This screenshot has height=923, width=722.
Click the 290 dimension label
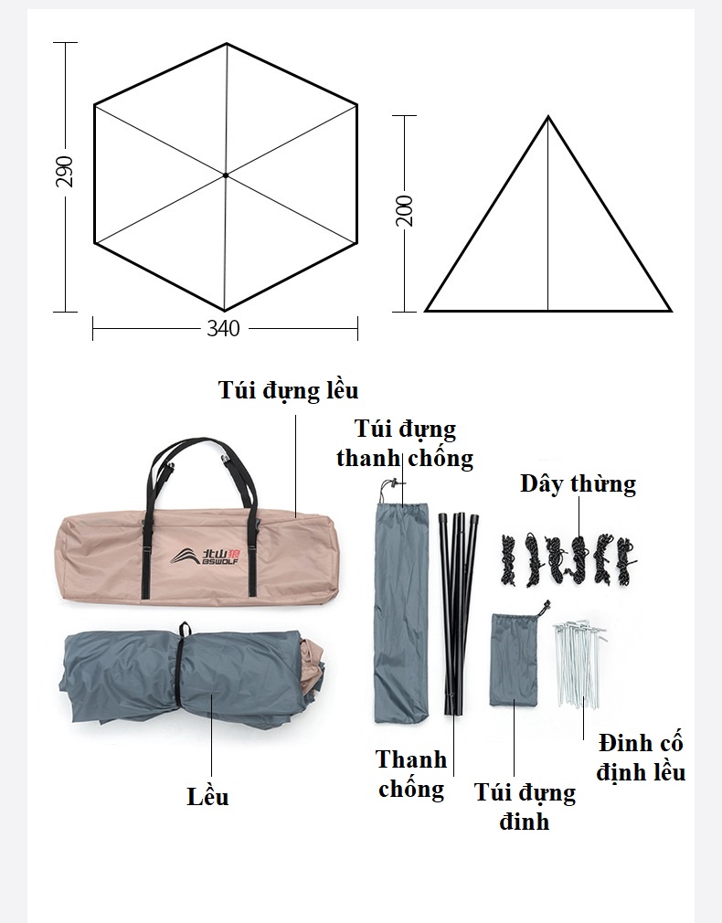tap(64, 172)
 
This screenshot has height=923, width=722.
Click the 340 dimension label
tap(223, 328)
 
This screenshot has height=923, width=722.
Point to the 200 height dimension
tap(405, 210)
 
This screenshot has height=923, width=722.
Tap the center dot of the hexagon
tap(226, 175)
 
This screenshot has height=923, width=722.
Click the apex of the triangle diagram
tap(548, 117)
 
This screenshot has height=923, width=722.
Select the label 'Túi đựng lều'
tap(289, 390)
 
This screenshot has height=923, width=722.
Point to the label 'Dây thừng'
tap(579, 483)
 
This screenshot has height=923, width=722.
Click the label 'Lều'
tap(207, 797)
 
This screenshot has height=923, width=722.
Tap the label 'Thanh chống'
tap(411, 774)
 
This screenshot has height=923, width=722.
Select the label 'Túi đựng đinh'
tap(525, 806)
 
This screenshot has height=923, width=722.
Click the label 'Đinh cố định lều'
tap(641, 758)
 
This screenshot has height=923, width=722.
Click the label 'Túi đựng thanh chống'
tap(405, 443)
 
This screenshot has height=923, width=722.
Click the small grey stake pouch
tap(514, 659)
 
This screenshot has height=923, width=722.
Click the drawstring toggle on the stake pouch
tap(545, 606)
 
